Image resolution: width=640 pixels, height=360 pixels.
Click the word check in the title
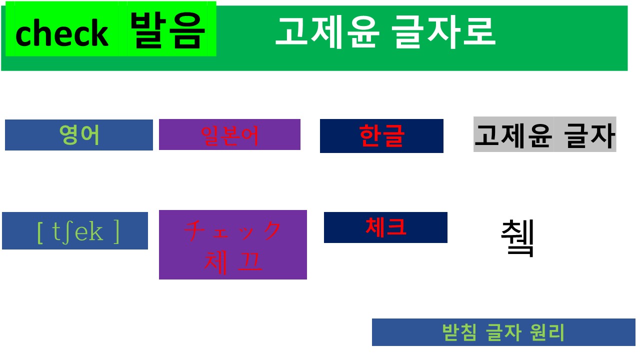pyautogui.click(x=62, y=33)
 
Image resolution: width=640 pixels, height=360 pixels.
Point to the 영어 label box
pyautogui.click(x=79, y=135)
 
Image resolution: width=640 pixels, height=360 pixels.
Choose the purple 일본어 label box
pyautogui.click(x=229, y=134)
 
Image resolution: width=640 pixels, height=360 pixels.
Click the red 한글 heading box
pyautogui.click(x=381, y=135)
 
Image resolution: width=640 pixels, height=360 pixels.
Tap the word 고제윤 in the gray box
pyautogui.click(x=513, y=134)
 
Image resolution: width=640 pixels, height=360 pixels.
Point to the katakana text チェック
pyautogui.click(x=233, y=230)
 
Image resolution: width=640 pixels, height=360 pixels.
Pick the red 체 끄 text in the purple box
pyautogui.click(x=233, y=261)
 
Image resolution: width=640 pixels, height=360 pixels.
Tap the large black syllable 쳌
pyautogui.click(x=518, y=238)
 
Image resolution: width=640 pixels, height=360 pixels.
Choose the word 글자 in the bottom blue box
pyautogui.click(x=503, y=332)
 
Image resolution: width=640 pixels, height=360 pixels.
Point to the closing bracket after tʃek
pyautogui.click(x=116, y=231)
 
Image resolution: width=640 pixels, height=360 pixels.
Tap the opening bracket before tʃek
pyautogui.click(x=40, y=231)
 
